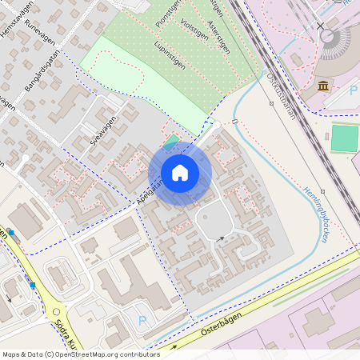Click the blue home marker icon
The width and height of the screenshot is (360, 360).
(x=180, y=173)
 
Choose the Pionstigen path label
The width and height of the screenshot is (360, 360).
(x=168, y=15)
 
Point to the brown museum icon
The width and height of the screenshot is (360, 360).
(x=323, y=86)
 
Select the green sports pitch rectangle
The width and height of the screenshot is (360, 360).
(x=344, y=138)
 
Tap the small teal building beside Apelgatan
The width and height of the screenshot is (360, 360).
(x=171, y=142)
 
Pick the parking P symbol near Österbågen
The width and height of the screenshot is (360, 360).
(x=143, y=321)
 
